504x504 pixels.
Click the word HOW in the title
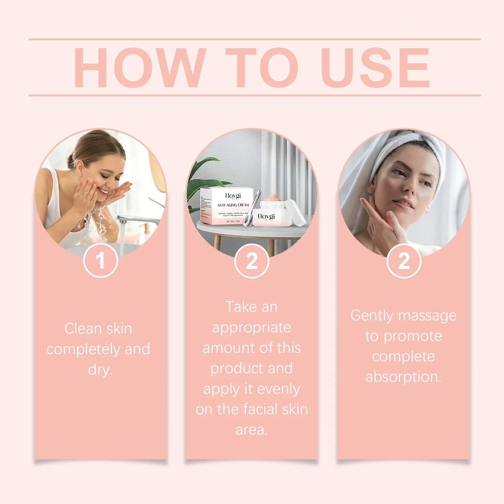coord(139,67)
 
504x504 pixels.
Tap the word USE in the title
coord(375,67)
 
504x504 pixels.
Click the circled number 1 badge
coord(100,261)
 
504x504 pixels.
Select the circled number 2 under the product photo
coord(251,261)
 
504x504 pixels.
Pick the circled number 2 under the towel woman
coord(404,261)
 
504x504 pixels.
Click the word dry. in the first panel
coord(100,369)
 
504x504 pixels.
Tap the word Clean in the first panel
coord(83,329)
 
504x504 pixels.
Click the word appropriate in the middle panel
coord(251,328)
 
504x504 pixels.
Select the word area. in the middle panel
coord(251,430)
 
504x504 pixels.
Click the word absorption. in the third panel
coord(403,377)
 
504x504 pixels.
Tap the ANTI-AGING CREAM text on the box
coord(233,205)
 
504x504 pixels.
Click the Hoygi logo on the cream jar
coord(266,216)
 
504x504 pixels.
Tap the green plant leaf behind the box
coord(202,176)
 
